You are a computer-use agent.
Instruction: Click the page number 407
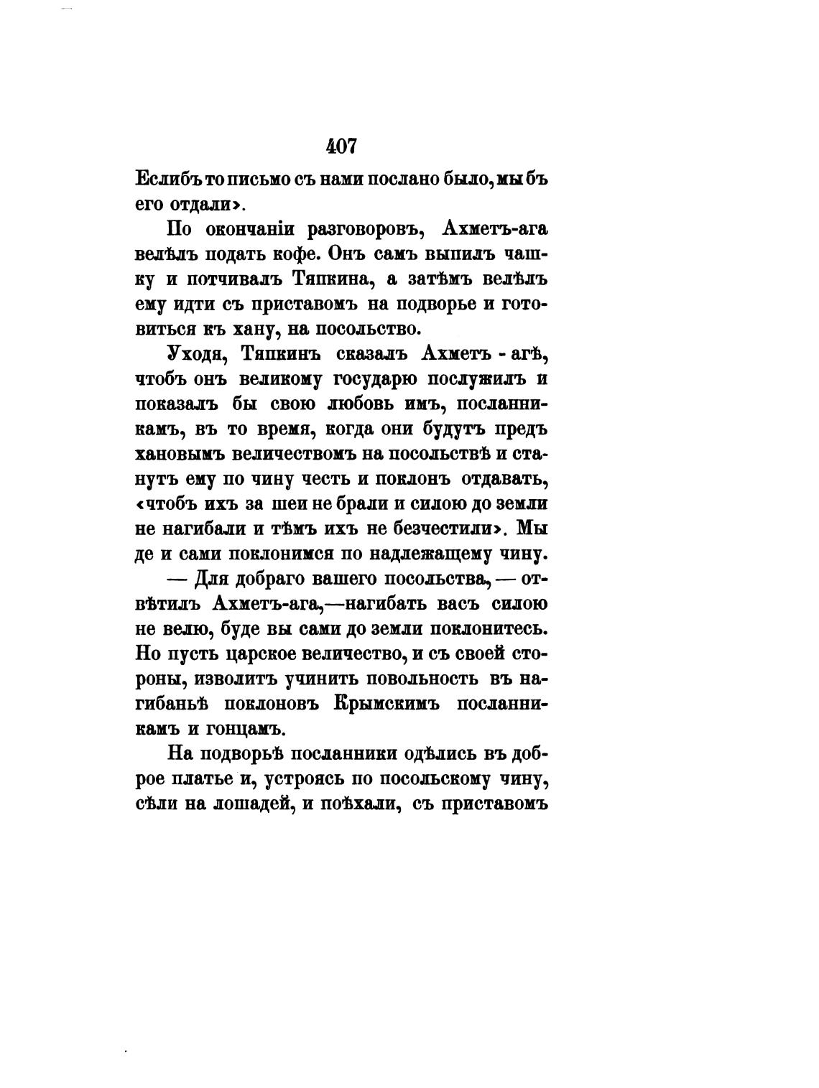(341, 146)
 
